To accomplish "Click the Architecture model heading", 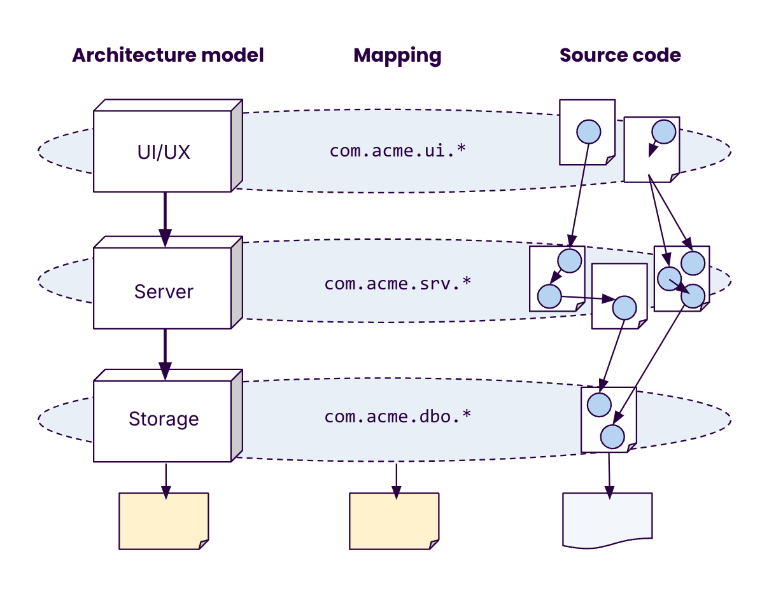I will (167, 55).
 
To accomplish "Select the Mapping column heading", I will (397, 55).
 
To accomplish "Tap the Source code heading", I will (620, 55).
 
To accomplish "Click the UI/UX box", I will (163, 152).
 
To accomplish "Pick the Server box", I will (163, 291).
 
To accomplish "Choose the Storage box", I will (163, 419).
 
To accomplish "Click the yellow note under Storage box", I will (164, 521).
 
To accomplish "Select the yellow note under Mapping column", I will (394, 521).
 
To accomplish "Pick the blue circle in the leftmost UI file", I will (588, 132).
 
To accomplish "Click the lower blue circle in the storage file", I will (612, 437).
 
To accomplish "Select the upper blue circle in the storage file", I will (599, 405).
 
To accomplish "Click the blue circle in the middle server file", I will (623, 308).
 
